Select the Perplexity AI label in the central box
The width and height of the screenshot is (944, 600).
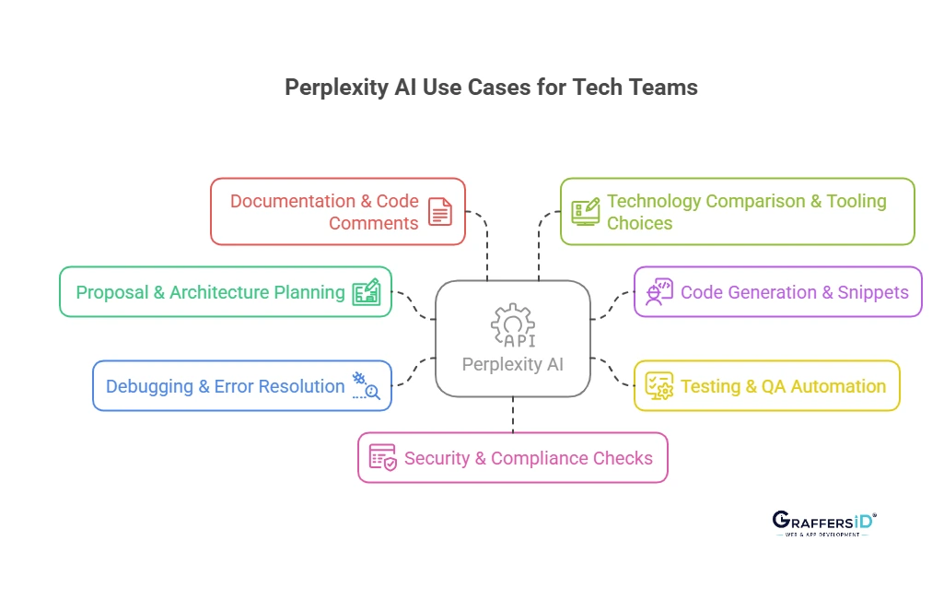pos(512,364)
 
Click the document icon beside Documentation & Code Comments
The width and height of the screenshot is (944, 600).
pos(440,212)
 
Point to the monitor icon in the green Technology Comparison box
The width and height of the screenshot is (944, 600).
pos(586,212)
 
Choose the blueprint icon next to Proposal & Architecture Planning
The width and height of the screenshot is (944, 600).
pos(367,292)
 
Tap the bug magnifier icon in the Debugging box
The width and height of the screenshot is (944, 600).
pos(366,386)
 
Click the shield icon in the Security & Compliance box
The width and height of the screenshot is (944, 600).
pos(383,458)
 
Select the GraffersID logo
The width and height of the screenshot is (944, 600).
pos(824,524)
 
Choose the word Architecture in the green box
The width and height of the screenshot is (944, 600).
pos(219,292)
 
